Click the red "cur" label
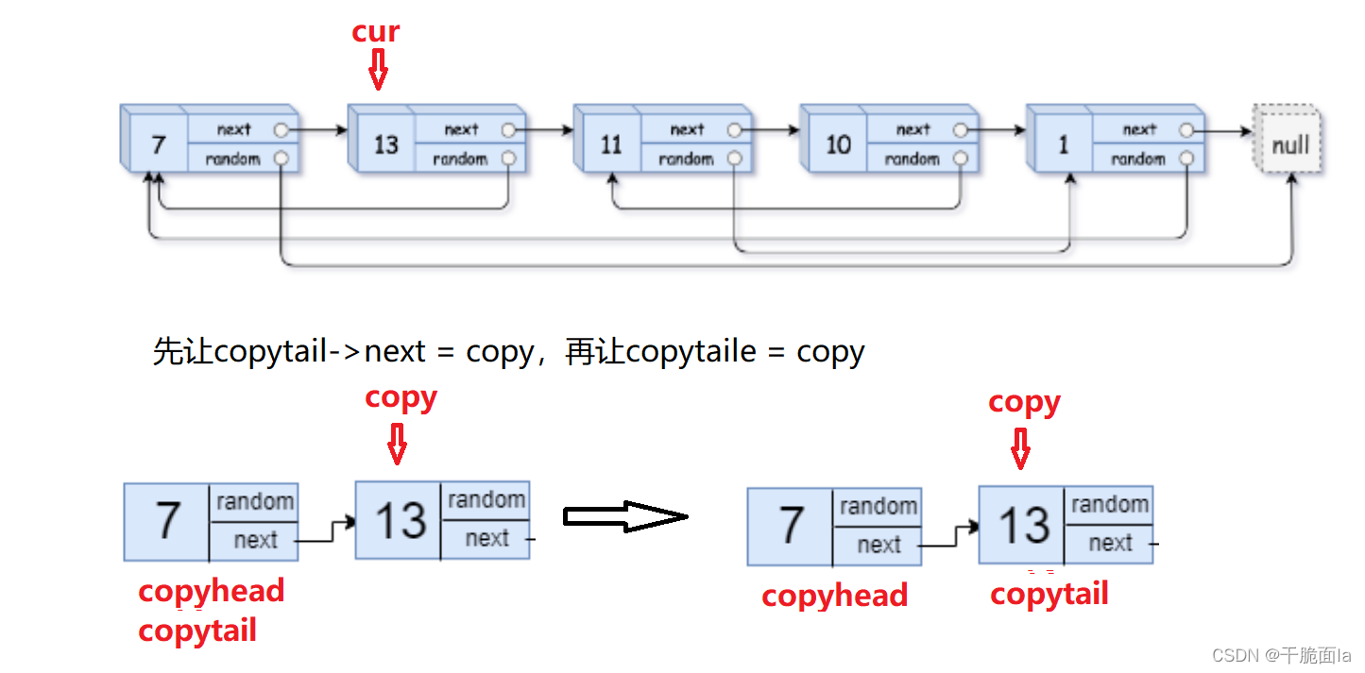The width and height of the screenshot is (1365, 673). [x=376, y=31]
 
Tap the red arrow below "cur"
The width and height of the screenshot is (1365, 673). [x=378, y=70]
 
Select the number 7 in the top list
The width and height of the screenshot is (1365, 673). [x=158, y=144]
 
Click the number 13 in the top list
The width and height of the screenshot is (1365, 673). [x=385, y=144]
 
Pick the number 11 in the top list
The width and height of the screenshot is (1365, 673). [x=611, y=144]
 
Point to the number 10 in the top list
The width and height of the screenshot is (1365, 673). [x=838, y=144]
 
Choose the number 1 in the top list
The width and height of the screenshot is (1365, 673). [x=1064, y=144]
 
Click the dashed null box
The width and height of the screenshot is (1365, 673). [x=1289, y=144]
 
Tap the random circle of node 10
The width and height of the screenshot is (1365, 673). [x=961, y=159]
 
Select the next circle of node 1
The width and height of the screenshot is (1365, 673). [x=1186, y=130]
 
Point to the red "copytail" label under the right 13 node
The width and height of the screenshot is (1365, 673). [x=1049, y=594]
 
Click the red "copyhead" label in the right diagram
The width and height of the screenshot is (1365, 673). [x=834, y=596]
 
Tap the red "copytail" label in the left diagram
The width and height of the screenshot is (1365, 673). [x=196, y=631]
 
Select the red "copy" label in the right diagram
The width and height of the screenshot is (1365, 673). [x=1024, y=402]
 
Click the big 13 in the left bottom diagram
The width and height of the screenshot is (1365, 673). [x=401, y=520]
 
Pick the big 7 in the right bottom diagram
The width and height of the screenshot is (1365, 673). [x=792, y=526]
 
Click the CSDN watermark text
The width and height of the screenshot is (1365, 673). [x=1281, y=655]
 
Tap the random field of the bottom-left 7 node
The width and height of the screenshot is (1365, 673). [x=255, y=501]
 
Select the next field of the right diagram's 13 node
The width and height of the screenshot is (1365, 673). [x=1110, y=543]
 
